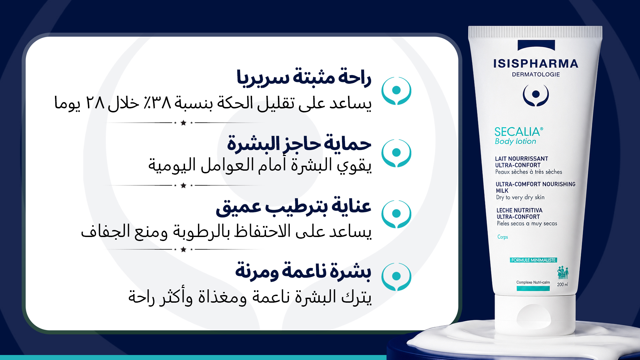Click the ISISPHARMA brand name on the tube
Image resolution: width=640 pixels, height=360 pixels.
click(536, 64)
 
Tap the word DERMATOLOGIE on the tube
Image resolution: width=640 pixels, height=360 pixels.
click(536, 74)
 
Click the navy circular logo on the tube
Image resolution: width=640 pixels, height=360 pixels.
click(536, 95)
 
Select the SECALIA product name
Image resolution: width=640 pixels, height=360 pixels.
click(519, 132)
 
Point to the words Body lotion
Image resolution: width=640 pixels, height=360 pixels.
click(515, 141)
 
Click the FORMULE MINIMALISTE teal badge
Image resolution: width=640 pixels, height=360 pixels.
click(533, 260)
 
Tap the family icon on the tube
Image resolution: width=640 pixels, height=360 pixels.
click(563, 272)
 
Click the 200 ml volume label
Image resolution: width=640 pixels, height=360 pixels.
click(562, 284)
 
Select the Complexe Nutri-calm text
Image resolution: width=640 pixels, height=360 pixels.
click(533, 282)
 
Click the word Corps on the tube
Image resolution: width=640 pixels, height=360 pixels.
click(503, 237)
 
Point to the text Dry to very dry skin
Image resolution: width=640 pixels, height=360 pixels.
click(520, 197)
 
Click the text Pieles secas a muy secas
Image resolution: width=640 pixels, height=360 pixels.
click(527, 224)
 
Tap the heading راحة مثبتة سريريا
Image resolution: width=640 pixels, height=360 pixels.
click(304, 77)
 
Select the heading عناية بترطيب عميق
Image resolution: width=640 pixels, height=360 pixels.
click(294, 207)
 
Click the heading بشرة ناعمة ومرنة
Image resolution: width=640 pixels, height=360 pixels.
click(303, 271)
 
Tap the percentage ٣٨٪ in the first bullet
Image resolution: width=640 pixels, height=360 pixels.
click(157, 103)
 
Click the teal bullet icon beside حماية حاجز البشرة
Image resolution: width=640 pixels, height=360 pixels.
click(396, 153)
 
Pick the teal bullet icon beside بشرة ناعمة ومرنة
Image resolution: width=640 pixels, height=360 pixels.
click(396, 277)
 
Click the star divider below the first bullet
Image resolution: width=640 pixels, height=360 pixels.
click(183, 123)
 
